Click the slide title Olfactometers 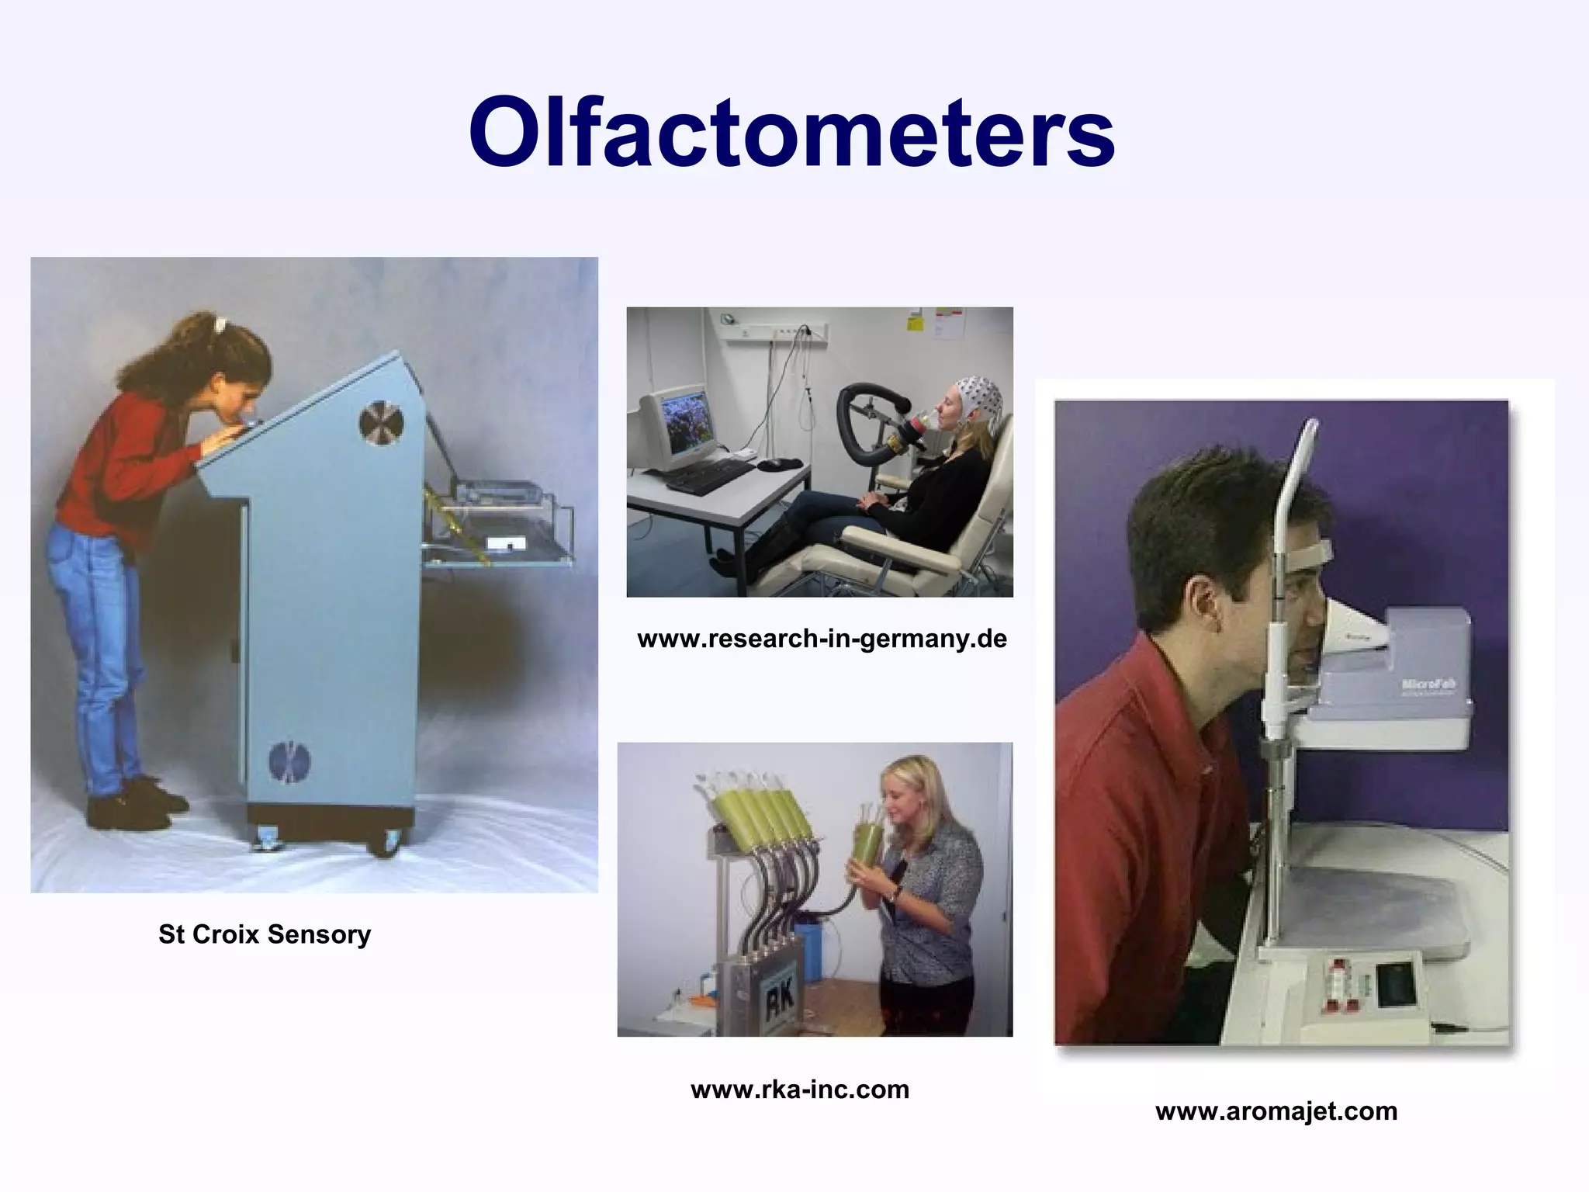pyautogui.click(x=791, y=132)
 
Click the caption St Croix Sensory pyautogui.click(x=265, y=934)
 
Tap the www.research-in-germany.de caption pyautogui.click(x=822, y=639)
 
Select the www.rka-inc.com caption pyautogui.click(x=799, y=1090)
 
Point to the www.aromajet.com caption pyautogui.click(x=1276, y=1111)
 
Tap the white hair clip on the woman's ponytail pyautogui.click(x=220, y=322)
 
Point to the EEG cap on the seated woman pyautogui.click(x=978, y=404)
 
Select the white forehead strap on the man pyautogui.click(x=1311, y=553)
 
